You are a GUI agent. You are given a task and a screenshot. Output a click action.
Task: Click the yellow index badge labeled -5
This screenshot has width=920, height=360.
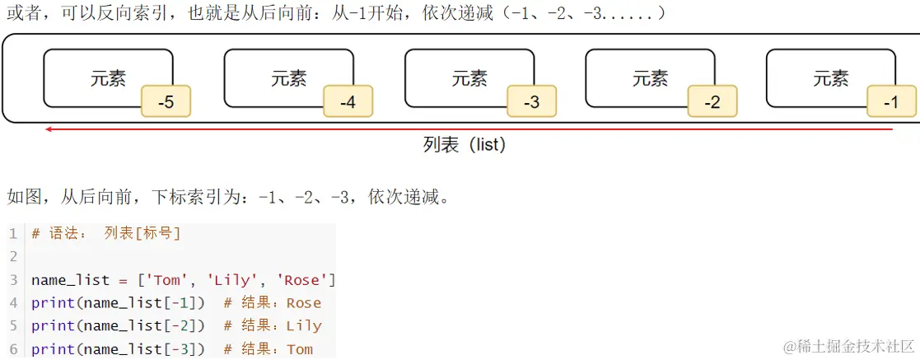click(x=166, y=102)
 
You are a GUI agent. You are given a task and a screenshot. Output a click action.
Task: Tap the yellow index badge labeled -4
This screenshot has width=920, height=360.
click(x=348, y=102)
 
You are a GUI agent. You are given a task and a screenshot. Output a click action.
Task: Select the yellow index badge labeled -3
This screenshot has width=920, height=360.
click(x=531, y=102)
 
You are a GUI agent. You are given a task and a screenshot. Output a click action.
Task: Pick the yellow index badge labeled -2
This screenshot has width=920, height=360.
click(x=712, y=102)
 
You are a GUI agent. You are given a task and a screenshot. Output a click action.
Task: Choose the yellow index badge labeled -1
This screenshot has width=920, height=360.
click(x=891, y=102)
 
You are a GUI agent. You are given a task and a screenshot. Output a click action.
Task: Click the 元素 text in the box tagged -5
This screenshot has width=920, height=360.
click(x=108, y=78)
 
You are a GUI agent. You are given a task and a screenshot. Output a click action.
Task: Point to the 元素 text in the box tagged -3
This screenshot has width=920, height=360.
click(x=469, y=78)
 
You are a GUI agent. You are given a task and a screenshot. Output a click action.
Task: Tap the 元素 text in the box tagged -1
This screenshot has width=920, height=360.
click(x=830, y=78)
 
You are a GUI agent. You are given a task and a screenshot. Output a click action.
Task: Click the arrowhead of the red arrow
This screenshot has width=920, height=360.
click(x=49, y=129)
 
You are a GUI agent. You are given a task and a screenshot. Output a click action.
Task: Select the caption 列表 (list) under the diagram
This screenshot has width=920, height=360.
click(x=464, y=145)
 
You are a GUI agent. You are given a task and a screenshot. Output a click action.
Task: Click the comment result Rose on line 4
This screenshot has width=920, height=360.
click(x=303, y=303)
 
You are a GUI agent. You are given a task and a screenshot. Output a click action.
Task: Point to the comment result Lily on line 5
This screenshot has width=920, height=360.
click(x=303, y=326)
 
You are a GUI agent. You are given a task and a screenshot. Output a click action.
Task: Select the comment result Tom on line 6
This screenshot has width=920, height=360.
click(x=299, y=349)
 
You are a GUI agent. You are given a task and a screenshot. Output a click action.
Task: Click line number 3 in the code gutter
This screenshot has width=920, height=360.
click(x=13, y=280)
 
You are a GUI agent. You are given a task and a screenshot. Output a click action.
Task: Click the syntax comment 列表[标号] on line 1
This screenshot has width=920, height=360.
click(x=142, y=233)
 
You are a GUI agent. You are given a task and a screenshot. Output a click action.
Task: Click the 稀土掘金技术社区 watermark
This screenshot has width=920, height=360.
click(x=848, y=347)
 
